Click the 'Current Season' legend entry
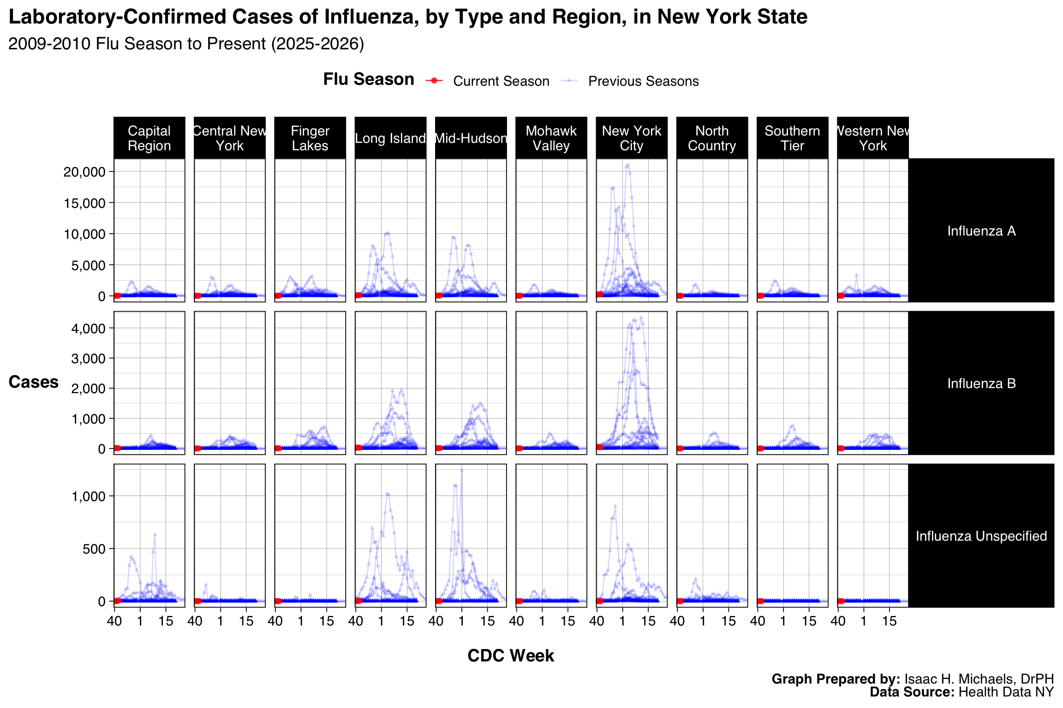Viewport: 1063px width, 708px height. pos(501,81)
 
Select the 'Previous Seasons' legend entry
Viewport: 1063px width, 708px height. pos(643,81)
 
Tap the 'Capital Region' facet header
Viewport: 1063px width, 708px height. pos(149,138)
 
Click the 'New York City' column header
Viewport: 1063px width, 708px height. pos(631,138)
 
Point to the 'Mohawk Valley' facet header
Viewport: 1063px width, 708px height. pos(551,138)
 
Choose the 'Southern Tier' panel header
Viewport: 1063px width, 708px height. pos(792,138)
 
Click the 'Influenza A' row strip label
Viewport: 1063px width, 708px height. pos(981,231)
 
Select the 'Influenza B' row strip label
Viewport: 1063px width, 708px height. pos(981,383)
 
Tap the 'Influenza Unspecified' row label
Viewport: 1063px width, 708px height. pos(981,536)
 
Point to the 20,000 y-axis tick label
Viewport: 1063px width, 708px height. pos(84,172)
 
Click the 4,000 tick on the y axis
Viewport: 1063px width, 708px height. pos(88,329)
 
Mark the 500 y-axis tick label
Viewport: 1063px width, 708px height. pos(94,549)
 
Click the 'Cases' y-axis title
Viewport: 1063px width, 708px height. pos(33,382)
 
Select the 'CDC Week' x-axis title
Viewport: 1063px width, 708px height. pos(511,656)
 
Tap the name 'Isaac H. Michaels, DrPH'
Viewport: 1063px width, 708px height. pos(979,679)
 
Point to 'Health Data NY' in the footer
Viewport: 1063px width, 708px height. pos(1006,692)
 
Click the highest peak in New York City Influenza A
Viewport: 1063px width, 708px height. pos(627,165)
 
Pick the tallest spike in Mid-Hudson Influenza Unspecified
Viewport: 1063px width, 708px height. pos(461,470)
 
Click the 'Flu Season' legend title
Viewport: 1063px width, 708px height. pos(368,80)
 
